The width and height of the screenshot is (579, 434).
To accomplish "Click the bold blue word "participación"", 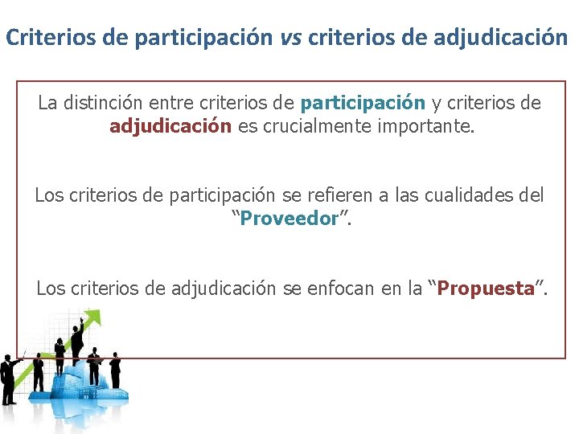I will coord(362,103).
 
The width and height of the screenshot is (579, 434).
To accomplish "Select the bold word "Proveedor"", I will coord(289,219).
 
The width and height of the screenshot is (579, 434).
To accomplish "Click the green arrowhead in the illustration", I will coord(95,319).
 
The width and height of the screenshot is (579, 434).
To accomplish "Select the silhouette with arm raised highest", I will coord(77,342).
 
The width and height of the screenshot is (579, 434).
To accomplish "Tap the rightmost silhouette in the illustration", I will coord(115,370).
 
